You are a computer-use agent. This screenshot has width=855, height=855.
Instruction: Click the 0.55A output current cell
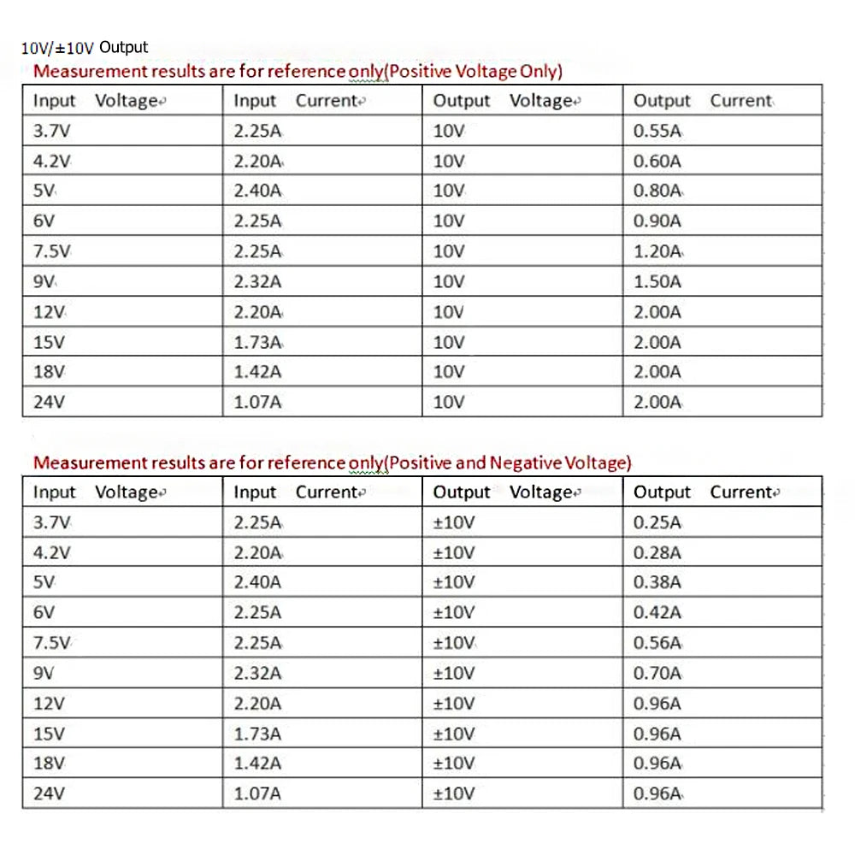[657, 131]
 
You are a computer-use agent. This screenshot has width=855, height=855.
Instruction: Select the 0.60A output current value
[657, 161]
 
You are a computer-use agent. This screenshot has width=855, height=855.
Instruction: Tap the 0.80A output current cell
[657, 191]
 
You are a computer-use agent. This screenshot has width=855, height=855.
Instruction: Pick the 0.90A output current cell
[657, 221]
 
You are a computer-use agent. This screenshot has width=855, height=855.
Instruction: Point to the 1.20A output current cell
[657, 251]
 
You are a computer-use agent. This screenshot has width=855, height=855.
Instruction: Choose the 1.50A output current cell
[657, 281]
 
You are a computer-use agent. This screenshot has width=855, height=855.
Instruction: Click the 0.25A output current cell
[657, 522]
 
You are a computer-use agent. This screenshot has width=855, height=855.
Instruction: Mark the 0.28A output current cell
[657, 552]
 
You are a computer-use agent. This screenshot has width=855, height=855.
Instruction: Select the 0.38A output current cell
[657, 582]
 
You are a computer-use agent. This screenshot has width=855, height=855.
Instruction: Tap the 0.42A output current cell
[657, 612]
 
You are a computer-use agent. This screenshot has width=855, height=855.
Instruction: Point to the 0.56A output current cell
[657, 643]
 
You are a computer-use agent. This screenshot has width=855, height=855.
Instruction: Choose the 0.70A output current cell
[657, 673]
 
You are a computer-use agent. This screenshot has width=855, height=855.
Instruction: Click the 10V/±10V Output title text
[85, 48]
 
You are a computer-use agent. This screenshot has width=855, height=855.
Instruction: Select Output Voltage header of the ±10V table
[504, 492]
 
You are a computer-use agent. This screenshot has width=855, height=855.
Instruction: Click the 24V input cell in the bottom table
[49, 793]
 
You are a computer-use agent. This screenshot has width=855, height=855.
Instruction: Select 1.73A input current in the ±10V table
[257, 734]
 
